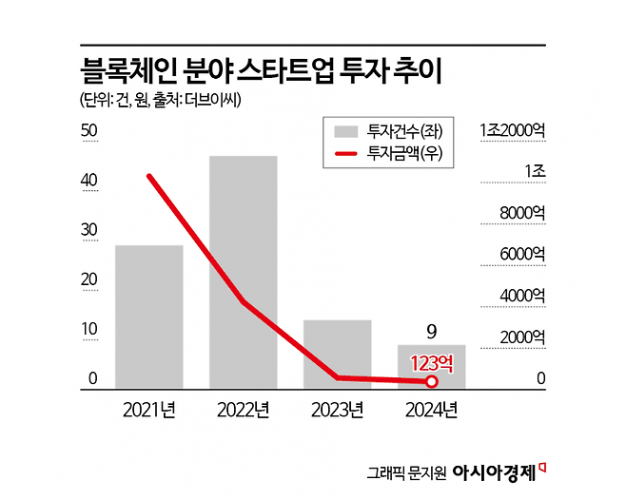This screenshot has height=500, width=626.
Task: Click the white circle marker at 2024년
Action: [x=431, y=382]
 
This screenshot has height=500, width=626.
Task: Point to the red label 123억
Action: [x=432, y=362]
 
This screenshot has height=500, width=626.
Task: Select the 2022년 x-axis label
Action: [x=244, y=411]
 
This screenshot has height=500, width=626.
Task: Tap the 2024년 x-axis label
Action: [x=431, y=411]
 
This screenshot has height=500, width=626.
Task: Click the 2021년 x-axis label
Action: [x=149, y=411]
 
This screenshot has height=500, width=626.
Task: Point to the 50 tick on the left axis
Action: [x=90, y=130]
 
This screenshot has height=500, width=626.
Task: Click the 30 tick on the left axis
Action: [x=90, y=230]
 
